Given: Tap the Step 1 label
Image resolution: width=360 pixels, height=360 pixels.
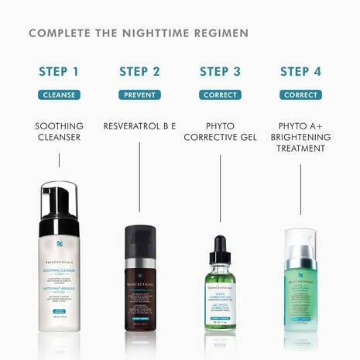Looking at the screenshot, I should click(x=59, y=72).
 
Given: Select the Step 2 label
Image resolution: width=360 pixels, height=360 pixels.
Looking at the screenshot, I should click(x=139, y=72).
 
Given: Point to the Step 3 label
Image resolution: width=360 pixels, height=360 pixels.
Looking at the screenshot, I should click(x=220, y=72).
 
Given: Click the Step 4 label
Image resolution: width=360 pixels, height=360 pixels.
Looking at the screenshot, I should click(x=300, y=72).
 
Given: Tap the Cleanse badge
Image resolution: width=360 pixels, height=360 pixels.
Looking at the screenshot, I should click(x=59, y=94).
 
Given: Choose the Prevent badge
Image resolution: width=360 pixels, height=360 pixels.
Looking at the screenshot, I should click(x=139, y=94).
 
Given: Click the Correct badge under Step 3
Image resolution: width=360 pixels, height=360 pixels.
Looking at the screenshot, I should click(x=220, y=94).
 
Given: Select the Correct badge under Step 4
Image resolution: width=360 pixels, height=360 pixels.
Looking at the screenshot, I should click(x=300, y=94).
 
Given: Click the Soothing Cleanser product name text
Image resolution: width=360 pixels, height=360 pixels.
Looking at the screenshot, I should click(x=59, y=132).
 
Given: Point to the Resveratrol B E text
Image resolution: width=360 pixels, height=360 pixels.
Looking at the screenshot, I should click(x=139, y=125).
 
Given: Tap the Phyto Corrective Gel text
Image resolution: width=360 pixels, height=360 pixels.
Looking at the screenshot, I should click(x=220, y=132).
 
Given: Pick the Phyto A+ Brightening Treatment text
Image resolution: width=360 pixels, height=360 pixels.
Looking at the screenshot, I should click(x=300, y=136).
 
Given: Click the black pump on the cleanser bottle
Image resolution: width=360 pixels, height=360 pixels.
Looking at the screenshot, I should click(x=60, y=199).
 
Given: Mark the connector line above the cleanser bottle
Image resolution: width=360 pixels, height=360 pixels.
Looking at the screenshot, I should click(x=59, y=160).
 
